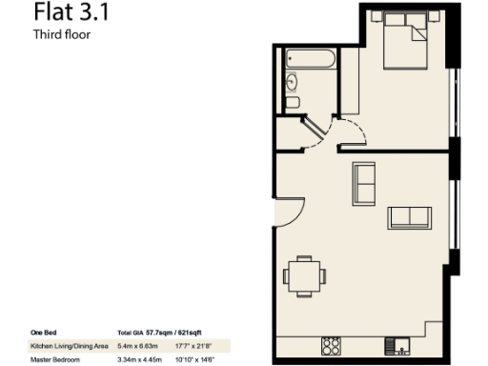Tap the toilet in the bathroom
(x=293, y=101)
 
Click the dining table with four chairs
(x=304, y=275)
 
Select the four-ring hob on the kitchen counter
(x=331, y=344)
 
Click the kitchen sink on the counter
(x=394, y=344)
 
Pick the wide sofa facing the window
(x=409, y=217)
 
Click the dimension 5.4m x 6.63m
(x=137, y=345)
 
